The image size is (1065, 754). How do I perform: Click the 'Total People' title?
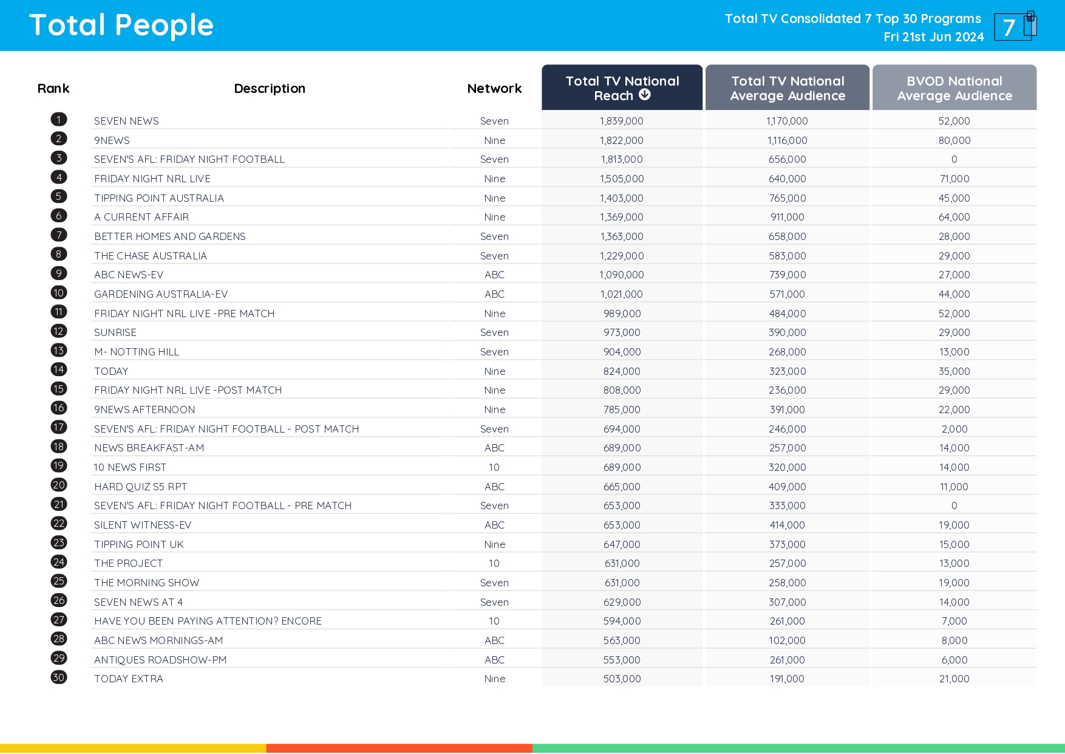121,26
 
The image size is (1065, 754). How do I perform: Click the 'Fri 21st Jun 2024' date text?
933,37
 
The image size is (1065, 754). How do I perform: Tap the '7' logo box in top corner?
1014,27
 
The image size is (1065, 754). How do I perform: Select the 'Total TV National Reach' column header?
622,88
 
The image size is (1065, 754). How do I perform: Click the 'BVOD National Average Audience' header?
954,88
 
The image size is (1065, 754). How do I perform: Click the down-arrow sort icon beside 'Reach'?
645,95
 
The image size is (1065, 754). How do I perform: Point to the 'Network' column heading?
494,89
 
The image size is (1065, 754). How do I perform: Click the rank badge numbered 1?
59,120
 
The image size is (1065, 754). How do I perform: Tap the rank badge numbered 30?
59,677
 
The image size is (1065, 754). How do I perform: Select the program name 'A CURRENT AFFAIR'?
141,217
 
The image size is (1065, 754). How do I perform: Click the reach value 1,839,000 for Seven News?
621,121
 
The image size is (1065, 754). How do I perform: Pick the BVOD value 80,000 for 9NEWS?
954,140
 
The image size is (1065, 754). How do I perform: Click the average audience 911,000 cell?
787,217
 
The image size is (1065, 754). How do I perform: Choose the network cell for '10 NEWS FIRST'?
494,467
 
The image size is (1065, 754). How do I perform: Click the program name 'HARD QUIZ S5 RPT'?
140,487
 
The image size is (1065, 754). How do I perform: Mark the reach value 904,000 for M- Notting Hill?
622,352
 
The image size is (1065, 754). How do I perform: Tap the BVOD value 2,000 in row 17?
954,429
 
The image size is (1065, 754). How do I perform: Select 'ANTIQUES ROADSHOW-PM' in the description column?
160,660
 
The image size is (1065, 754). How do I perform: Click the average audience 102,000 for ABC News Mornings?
787,640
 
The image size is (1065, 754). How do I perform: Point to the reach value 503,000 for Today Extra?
622,679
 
